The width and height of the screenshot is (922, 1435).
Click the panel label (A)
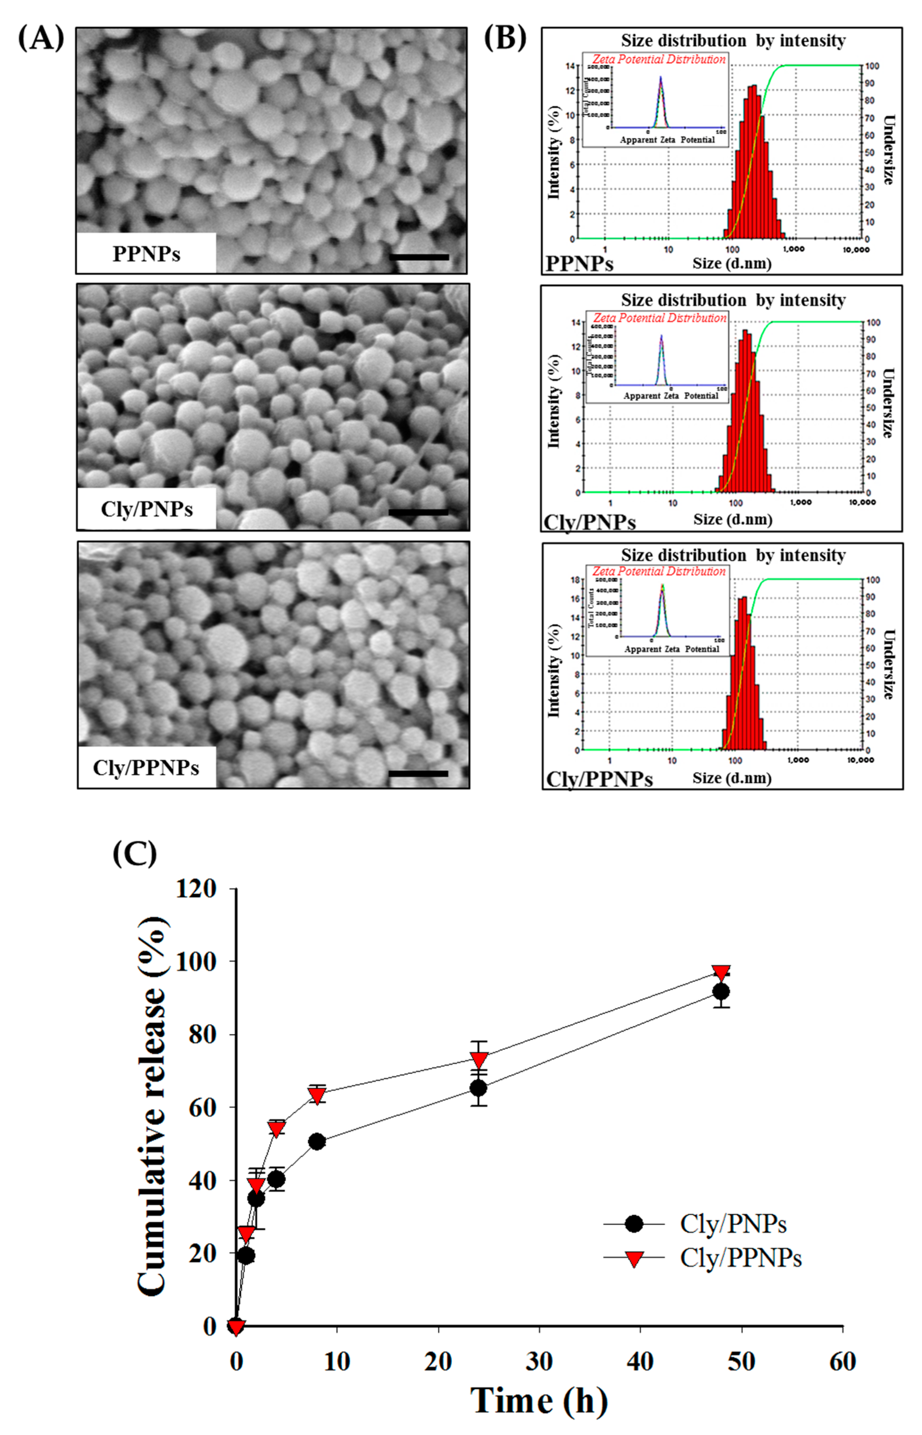tap(41, 39)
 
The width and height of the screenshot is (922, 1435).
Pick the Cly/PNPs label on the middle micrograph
tap(147, 509)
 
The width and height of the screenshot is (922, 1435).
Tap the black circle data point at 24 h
tap(478, 1088)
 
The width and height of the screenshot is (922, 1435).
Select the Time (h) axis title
tap(539, 1400)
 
